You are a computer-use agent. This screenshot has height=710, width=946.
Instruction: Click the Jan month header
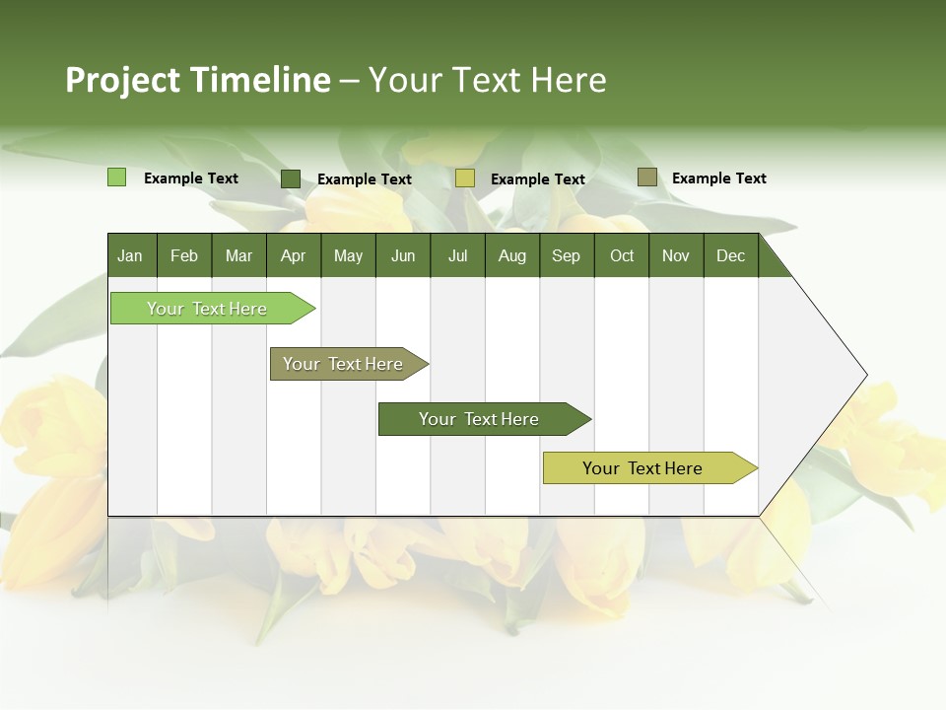(x=130, y=256)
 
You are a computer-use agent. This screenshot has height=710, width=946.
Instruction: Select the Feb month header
(x=184, y=256)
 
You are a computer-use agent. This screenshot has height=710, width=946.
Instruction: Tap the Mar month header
(x=238, y=256)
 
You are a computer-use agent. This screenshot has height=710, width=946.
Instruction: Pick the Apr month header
(x=294, y=256)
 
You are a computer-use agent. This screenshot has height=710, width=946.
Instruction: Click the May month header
(x=348, y=256)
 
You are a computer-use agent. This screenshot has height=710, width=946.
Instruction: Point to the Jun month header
(x=403, y=256)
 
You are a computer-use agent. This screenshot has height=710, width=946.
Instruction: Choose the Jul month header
(x=457, y=256)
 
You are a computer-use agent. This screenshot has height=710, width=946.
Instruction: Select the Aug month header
(x=512, y=256)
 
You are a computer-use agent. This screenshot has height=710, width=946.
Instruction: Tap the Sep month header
(x=567, y=256)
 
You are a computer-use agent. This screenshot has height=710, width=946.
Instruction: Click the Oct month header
(x=622, y=256)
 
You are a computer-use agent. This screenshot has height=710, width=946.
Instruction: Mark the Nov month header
(x=676, y=256)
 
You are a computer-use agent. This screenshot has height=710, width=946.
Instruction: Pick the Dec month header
(x=731, y=256)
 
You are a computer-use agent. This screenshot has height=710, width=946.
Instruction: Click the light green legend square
(x=116, y=177)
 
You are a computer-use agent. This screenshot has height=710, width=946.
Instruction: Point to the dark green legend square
(x=291, y=178)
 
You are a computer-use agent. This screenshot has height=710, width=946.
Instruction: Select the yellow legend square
(x=465, y=178)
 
